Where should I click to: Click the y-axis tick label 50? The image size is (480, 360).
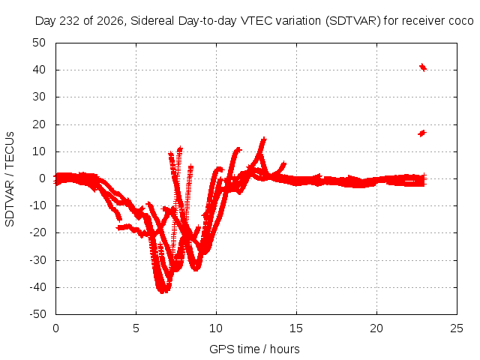(39, 43)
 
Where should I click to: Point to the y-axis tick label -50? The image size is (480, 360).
(38, 314)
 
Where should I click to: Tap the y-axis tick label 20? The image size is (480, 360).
(39, 124)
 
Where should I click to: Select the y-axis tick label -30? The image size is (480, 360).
(38, 260)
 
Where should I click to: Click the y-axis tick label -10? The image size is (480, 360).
(38, 205)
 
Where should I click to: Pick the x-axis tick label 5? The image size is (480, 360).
(136, 328)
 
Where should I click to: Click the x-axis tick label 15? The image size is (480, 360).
(296, 328)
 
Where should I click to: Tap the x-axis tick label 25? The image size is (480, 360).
(457, 328)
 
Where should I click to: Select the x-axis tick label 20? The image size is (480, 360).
(376, 328)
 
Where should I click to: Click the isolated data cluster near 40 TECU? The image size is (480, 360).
(423, 67)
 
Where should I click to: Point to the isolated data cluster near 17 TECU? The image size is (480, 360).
(422, 133)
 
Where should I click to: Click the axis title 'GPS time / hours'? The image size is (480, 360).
(254, 349)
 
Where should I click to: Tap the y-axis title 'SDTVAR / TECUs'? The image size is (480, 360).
(10, 179)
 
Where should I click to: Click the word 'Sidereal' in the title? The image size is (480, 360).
(152, 21)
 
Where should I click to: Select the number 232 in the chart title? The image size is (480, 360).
(70, 21)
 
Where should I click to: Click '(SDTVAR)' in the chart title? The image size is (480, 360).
(353, 21)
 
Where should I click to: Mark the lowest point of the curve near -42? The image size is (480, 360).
(162, 292)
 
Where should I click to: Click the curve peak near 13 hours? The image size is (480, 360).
(263, 139)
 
